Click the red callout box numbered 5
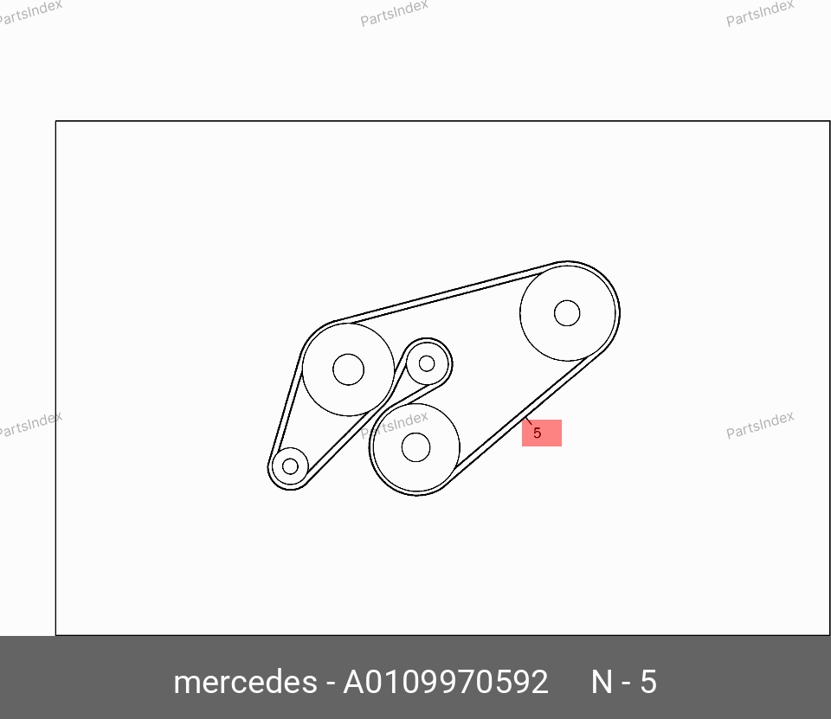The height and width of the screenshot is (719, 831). [542, 433]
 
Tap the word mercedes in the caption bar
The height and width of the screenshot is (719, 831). [245, 682]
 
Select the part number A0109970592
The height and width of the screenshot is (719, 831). [446, 682]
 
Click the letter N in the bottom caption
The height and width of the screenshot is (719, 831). [602, 682]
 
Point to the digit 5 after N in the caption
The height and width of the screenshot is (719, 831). [648, 682]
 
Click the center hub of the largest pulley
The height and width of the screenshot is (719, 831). [567, 313]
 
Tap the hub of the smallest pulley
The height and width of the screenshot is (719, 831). [291, 466]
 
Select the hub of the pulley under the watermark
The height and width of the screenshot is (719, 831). [416, 447]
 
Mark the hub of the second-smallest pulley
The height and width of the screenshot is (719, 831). [427, 363]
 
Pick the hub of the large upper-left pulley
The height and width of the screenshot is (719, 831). [348, 369]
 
